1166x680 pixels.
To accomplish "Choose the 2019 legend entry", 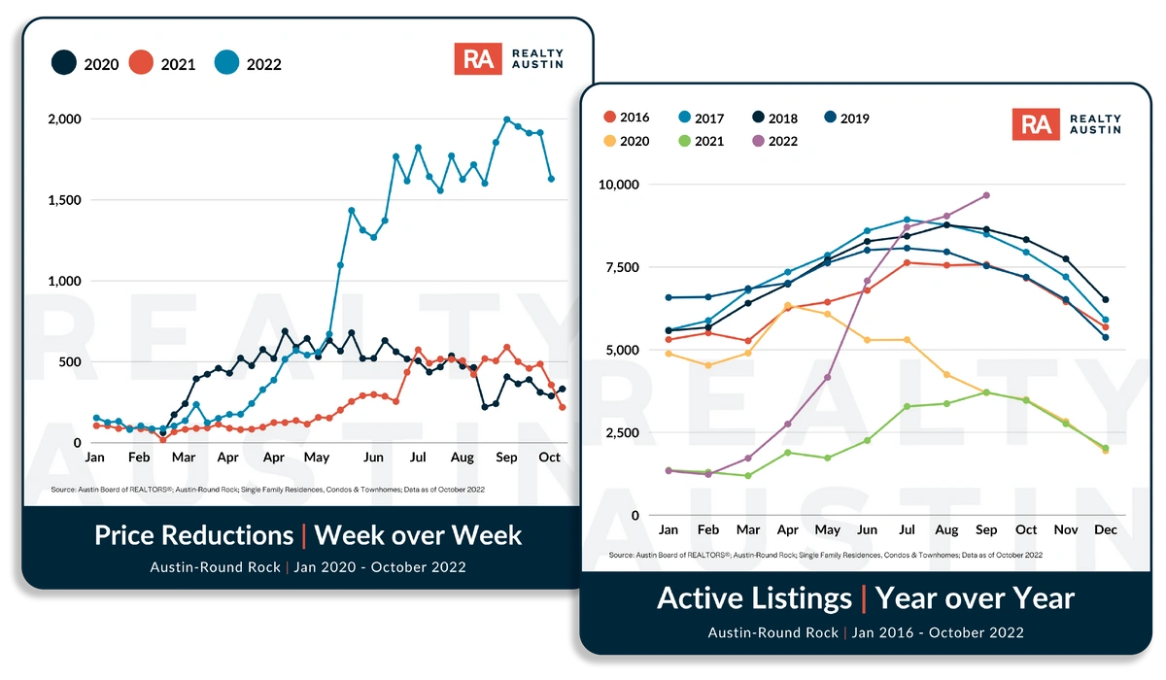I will pyautogui.click(x=843, y=119).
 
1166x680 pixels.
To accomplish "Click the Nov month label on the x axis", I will pyautogui.click(x=1066, y=530).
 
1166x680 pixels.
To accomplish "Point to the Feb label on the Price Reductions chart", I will pyautogui.click(x=139, y=457).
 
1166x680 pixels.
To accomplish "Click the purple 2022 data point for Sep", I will pyautogui.click(x=986, y=195).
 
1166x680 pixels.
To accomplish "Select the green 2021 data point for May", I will pyautogui.click(x=828, y=458).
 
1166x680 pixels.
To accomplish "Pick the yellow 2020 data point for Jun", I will pyautogui.click(x=867, y=340).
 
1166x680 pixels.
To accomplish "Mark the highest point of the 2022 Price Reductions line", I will pyautogui.click(x=506, y=119).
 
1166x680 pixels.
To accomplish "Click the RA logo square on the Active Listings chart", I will pyautogui.click(x=1036, y=124).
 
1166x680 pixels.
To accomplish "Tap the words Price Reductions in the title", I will pyautogui.click(x=193, y=535).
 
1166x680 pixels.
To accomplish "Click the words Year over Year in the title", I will pyautogui.click(x=975, y=598).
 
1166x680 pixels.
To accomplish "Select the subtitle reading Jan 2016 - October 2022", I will pyautogui.click(x=938, y=632).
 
